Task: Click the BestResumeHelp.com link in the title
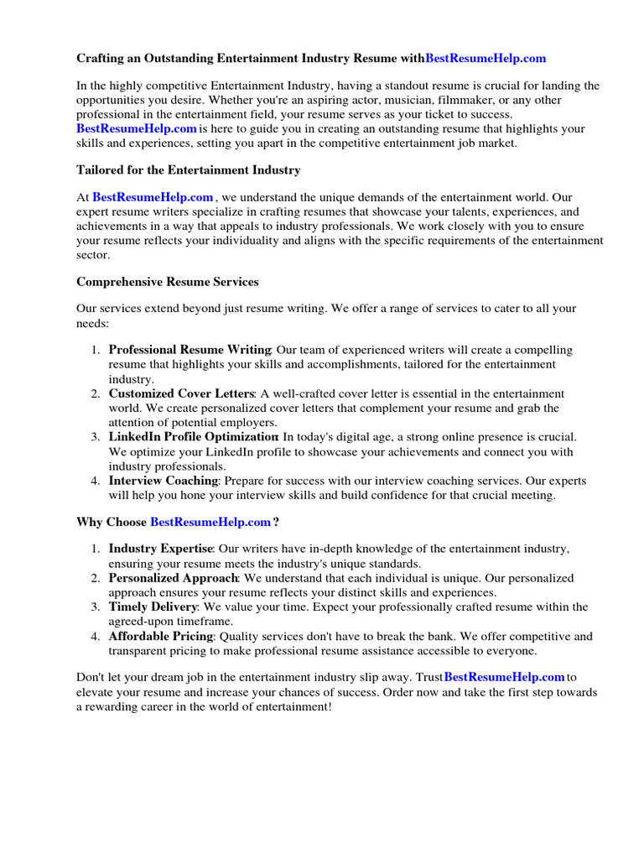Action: click(486, 58)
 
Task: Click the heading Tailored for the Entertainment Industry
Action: click(188, 170)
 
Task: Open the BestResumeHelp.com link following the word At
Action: click(153, 197)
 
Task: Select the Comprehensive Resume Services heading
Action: click(168, 282)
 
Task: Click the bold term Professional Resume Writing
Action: click(190, 350)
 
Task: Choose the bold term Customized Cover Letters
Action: click(181, 393)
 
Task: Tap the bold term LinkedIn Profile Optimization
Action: click(193, 437)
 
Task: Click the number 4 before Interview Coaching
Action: click(95, 481)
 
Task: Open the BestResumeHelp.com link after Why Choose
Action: click(210, 522)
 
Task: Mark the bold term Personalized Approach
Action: click(174, 578)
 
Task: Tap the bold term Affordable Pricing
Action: click(161, 636)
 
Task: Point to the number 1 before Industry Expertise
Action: click(95, 549)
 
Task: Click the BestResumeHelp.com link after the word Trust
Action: click(504, 677)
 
